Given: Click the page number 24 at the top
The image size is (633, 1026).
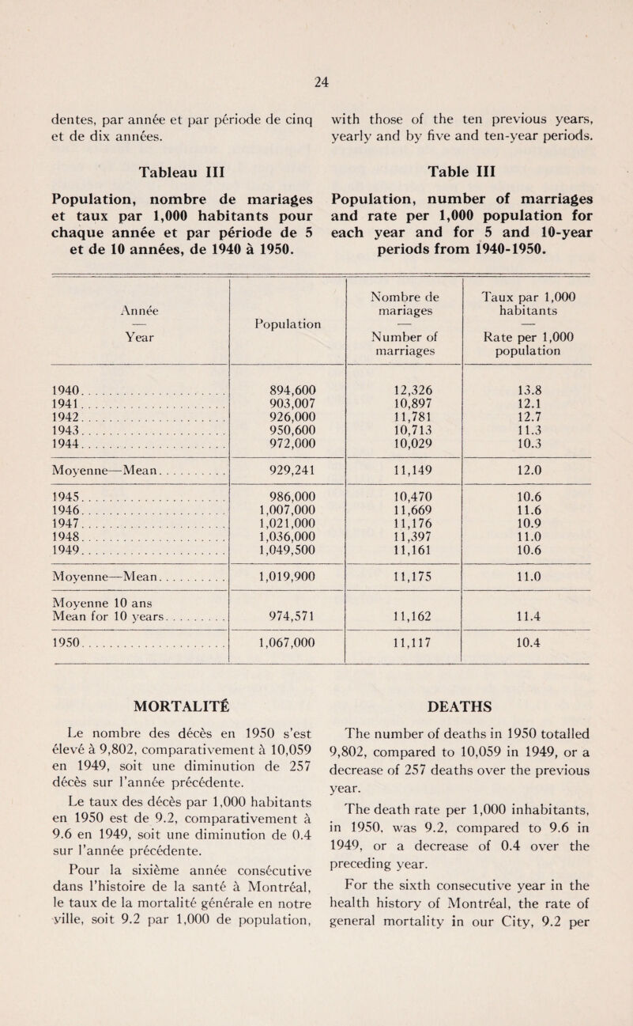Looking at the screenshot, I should click(316, 78).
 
